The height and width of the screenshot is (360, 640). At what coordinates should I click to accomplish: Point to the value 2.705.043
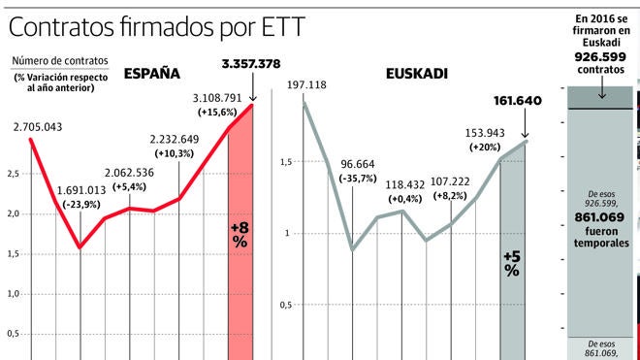pyautogui.click(x=39, y=127)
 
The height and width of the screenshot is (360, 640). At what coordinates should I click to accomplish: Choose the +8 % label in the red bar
pyautogui.click(x=240, y=234)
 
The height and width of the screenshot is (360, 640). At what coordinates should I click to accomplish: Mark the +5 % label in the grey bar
pyautogui.click(x=512, y=263)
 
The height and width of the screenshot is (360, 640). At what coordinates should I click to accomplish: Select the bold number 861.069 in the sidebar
pyautogui.click(x=601, y=217)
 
